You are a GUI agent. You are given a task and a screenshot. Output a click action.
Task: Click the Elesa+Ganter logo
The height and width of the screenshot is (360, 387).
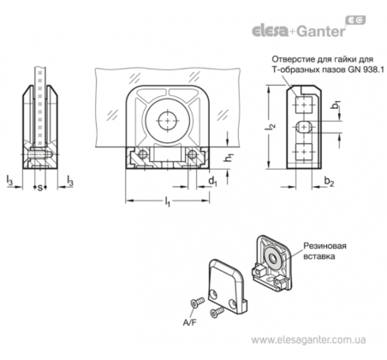[308, 27]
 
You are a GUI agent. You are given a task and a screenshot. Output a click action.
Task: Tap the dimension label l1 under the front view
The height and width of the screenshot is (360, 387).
[168, 201]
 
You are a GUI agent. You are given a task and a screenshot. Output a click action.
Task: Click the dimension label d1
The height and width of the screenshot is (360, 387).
[212, 182]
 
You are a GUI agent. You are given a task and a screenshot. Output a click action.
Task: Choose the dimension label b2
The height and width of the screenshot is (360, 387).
[330, 181]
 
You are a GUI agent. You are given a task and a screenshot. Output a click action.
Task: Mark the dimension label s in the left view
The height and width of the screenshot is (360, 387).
[40, 188]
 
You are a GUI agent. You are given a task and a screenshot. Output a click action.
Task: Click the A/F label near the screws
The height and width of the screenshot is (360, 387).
[190, 322]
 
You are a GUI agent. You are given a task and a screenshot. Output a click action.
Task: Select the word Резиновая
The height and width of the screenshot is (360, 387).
[324, 246]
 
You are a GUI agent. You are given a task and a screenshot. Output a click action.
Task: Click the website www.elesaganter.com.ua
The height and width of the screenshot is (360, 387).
[308, 340]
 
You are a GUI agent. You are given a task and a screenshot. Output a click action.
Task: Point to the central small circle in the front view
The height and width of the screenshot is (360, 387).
[168, 121]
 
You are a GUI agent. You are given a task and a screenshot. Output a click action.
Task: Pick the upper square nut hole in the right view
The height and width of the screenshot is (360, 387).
[304, 105]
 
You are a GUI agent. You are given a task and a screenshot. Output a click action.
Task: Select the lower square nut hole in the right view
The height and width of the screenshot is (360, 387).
[304, 151]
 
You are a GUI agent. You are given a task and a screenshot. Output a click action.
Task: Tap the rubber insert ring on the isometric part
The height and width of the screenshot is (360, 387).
[274, 259]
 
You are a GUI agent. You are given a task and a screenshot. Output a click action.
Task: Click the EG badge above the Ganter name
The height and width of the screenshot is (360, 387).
[355, 20]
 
